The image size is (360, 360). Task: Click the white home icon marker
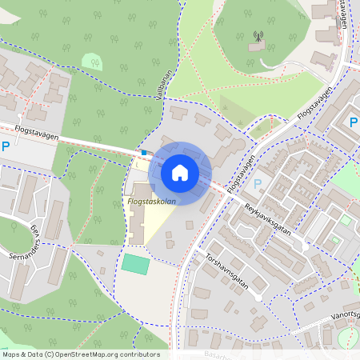[180, 173]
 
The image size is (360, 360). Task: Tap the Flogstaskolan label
[151, 202]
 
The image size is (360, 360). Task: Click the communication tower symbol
[258, 36]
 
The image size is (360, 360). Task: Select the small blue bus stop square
[144, 152]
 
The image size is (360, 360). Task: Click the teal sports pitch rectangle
[136, 264]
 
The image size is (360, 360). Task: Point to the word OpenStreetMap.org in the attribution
[93, 354]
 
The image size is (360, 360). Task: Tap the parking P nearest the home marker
[257, 184]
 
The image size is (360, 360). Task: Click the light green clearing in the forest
[92, 61]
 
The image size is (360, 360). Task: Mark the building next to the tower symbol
[256, 47]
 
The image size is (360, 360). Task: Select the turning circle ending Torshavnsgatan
[258, 297]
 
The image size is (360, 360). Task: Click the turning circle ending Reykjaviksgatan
[305, 247]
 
